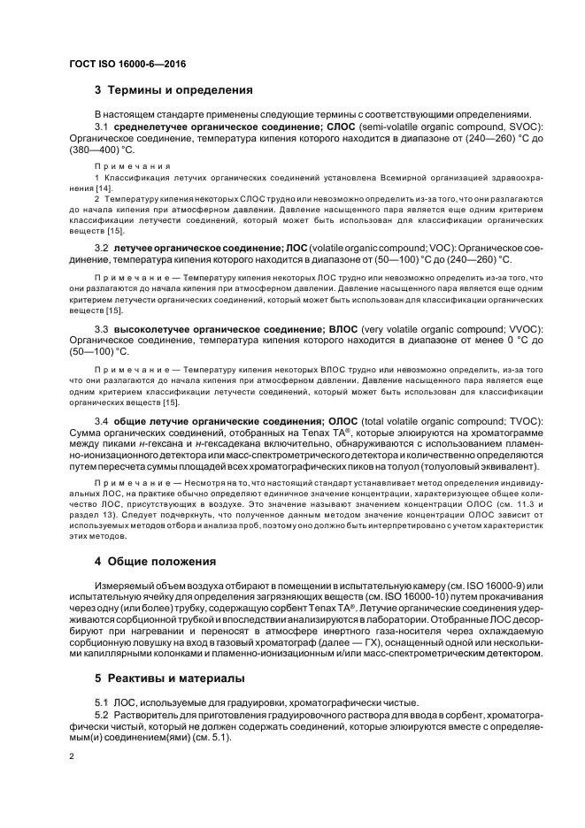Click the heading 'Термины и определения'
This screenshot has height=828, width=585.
[x=173, y=89]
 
